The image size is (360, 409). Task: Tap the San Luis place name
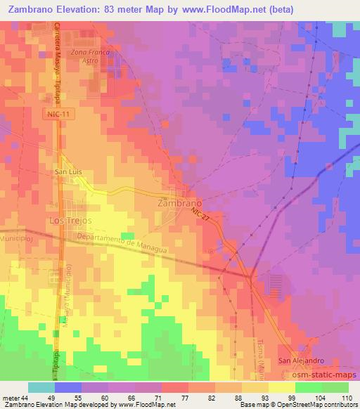click(70, 171)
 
